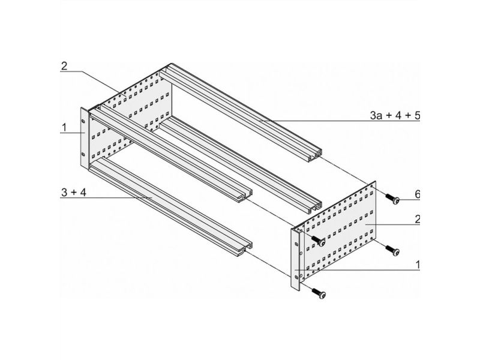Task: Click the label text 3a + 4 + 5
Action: point(395,115)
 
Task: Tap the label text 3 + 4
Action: point(74,193)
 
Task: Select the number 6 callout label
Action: point(417,194)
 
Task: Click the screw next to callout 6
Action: point(392,199)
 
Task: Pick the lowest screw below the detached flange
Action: point(319,293)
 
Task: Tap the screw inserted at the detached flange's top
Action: point(318,241)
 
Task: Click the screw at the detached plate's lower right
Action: point(392,250)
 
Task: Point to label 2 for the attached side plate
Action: point(64,66)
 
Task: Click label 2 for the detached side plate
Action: point(417,219)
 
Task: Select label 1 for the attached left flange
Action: point(64,127)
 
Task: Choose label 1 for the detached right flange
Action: point(418,265)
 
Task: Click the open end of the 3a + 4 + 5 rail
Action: point(315,155)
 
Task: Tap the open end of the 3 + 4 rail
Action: point(245,249)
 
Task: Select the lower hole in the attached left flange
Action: point(83,154)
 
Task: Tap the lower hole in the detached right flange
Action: point(296,277)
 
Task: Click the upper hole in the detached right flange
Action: point(296,244)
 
